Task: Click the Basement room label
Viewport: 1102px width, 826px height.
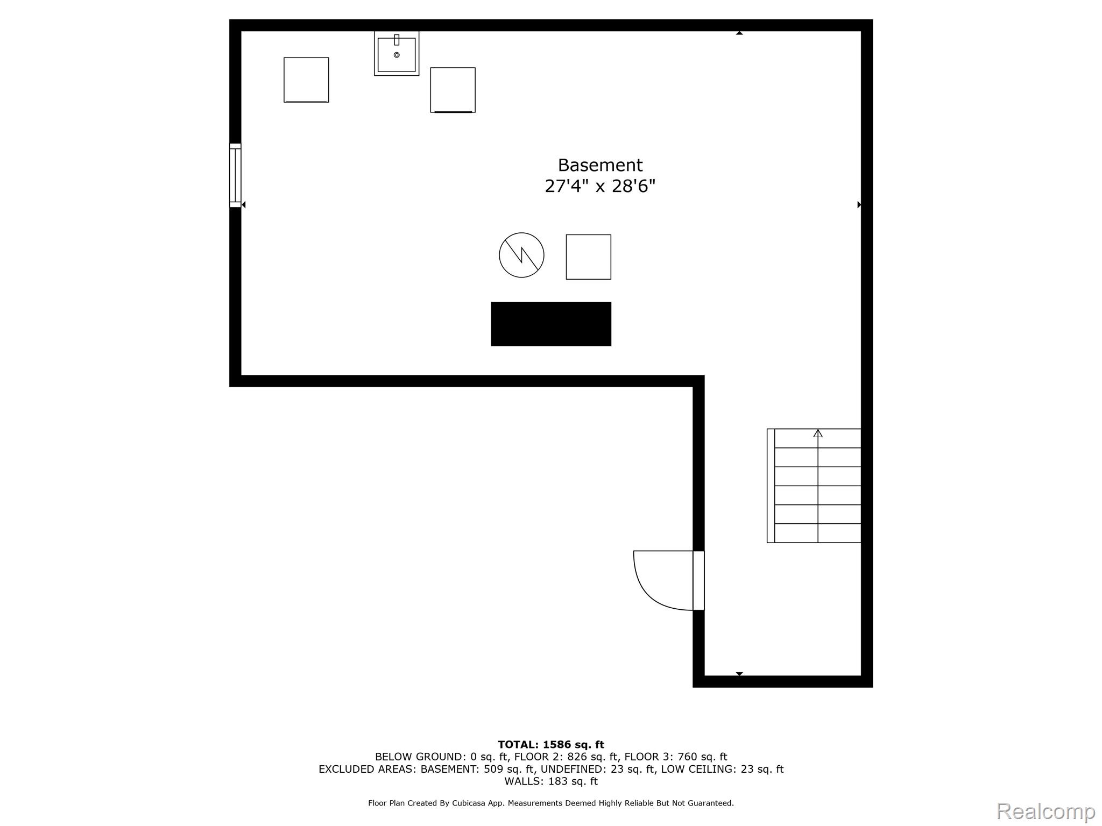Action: [600, 165]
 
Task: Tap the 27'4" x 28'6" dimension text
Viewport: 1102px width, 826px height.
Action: [600, 187]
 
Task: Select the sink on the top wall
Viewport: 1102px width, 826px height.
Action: [397, 53]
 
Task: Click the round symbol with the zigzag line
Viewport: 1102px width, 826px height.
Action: [521, 255]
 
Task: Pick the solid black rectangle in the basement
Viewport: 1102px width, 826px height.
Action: [551, 324]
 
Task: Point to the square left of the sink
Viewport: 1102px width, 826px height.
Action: [306, 80]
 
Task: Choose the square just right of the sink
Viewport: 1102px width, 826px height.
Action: [453, 90]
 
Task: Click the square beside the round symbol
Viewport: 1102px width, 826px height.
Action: [588, 257]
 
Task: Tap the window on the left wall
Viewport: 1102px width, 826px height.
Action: [235, 175]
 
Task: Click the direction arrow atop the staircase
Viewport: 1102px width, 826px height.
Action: [818, 433]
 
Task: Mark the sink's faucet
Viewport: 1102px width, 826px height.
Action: [397, 40]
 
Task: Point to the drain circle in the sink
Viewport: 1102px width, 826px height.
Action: [397, 55]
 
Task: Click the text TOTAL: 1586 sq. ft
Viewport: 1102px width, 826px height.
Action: [551, 745]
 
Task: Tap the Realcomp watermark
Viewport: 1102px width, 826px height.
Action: [1046, 811]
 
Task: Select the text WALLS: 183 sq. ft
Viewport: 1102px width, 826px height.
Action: [551, 781]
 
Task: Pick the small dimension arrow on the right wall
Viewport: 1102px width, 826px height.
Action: [859, 205]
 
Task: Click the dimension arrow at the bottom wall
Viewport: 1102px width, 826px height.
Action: [739, 674]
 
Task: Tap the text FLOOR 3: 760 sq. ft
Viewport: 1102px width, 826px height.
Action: [676, 757]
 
